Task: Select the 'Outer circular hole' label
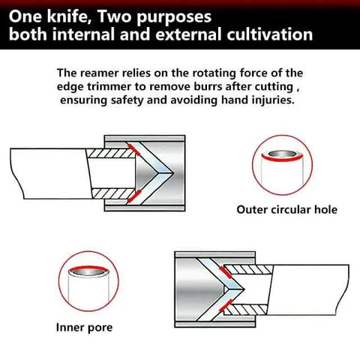click(286, 209)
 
